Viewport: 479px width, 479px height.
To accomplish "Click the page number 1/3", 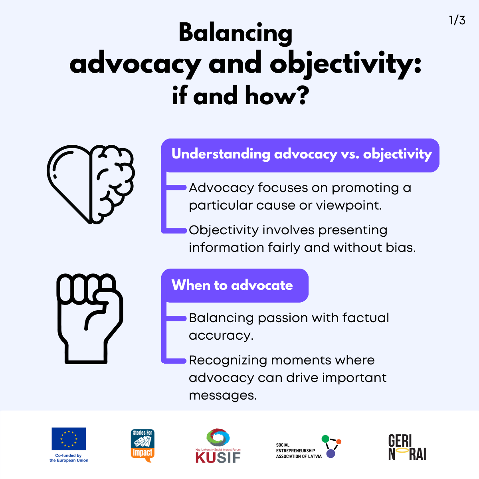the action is [457, 20].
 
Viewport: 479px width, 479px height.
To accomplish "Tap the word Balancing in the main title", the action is [236, 34].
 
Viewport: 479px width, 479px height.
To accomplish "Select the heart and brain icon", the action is [91, 184].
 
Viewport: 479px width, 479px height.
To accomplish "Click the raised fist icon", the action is [90, 319].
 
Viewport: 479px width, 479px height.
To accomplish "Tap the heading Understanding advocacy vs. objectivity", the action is [301, 154].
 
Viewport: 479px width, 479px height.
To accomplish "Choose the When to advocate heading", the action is [232, 285].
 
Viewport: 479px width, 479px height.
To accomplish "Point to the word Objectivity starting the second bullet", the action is [224, 231].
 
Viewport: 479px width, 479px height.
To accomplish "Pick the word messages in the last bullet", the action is [223, 396].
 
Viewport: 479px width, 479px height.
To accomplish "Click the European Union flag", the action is [69, 439].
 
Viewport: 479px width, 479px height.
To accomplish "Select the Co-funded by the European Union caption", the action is [69, 458].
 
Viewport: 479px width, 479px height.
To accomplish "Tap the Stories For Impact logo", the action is [143, 446].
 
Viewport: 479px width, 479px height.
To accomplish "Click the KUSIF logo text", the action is [218, 457].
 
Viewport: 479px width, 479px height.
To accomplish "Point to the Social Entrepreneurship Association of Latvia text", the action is [299, 451].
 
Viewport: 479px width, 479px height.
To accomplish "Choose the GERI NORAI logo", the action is [408, 447].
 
